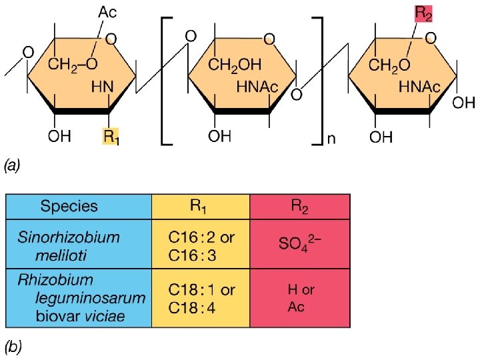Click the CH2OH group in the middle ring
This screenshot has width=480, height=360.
(x=235, y=64)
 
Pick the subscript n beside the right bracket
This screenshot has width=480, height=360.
(x=329, y=138)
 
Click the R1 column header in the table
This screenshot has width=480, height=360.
(x=201, y=206)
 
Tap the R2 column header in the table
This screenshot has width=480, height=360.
(x=299, y=206)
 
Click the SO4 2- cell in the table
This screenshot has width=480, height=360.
(x=300, y=243)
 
